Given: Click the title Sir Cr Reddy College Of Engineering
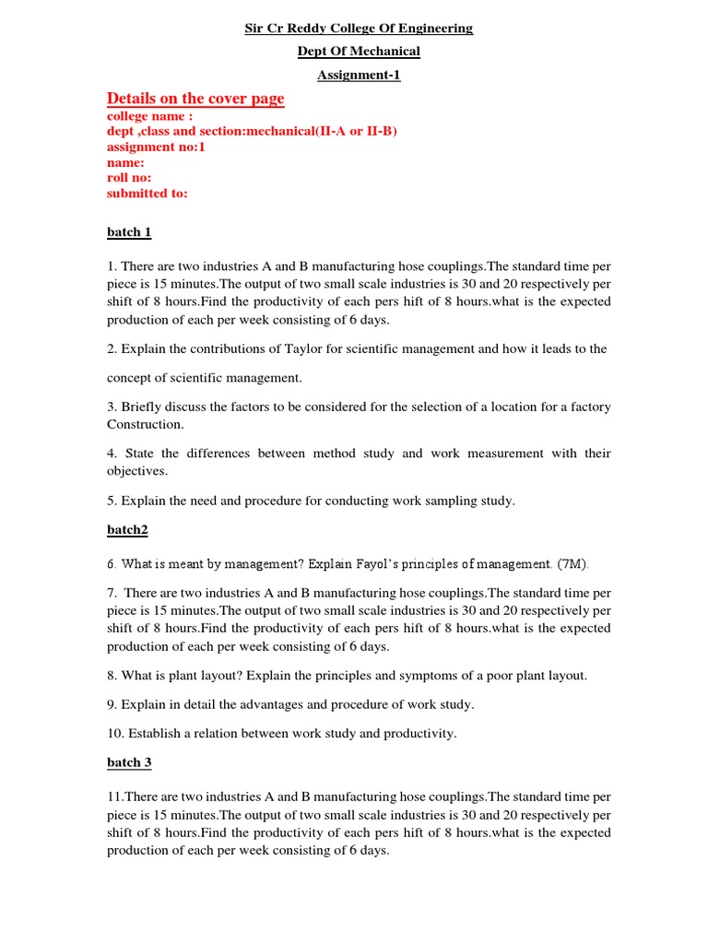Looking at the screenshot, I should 359,29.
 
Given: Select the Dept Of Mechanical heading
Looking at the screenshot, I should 359,52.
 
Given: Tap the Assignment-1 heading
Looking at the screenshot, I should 359,75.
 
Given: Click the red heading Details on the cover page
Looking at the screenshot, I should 195,99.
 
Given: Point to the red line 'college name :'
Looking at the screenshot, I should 150,116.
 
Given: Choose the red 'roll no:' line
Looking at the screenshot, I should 129,178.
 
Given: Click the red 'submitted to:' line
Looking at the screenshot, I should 147,194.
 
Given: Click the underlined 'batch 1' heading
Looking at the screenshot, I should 129,231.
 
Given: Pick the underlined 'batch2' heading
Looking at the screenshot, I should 127,530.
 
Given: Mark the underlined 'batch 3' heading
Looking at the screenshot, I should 129,762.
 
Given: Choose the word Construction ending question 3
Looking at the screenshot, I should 145,424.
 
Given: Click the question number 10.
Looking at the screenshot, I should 114,733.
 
